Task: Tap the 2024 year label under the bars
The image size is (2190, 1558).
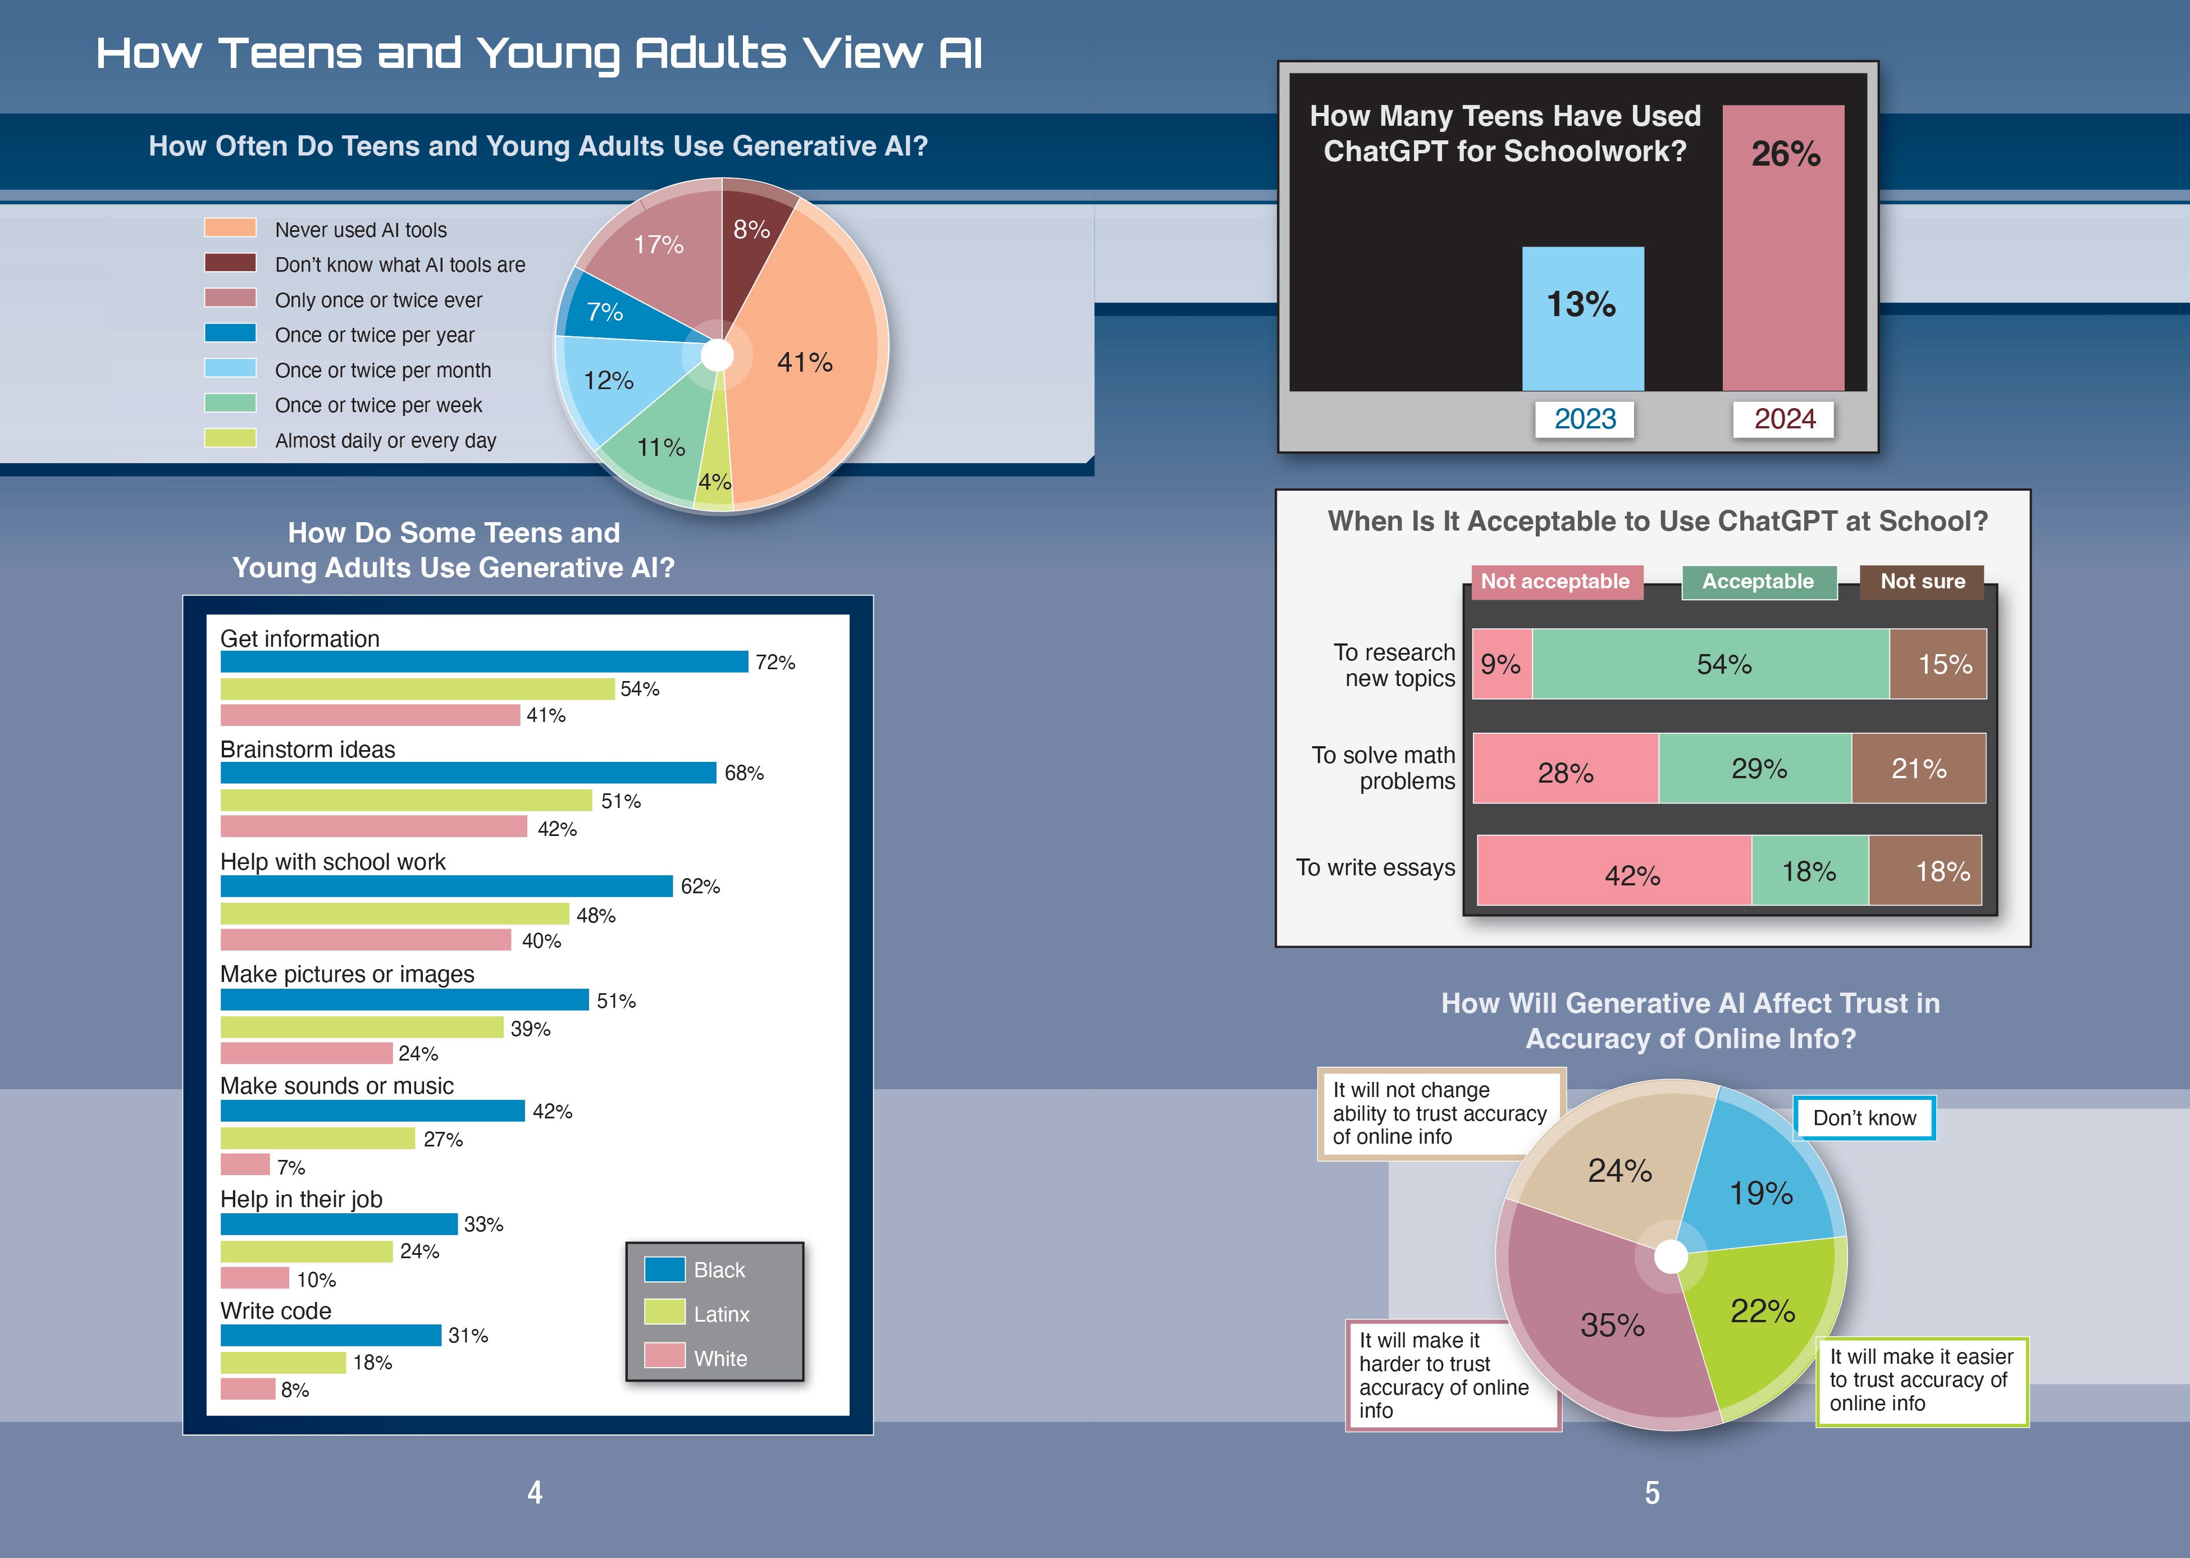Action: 1784,419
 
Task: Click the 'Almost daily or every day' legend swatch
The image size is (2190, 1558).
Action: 230,438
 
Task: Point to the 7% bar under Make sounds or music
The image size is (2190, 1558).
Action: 245,1164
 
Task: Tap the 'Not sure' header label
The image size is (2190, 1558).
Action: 1922,581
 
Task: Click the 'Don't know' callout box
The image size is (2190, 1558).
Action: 1864,1118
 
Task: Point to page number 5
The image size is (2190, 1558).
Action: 1652,1493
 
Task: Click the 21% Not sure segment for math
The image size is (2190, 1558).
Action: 1919,769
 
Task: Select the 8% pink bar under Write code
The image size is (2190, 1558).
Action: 248,1389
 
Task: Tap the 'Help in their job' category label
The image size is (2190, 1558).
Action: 301,1199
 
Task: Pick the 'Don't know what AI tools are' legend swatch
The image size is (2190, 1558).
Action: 230,263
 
